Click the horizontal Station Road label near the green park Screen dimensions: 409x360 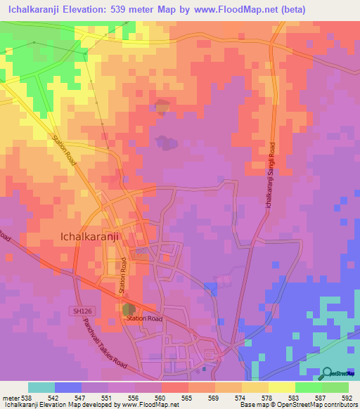coord(144,318)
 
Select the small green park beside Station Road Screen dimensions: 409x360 coord(129,309)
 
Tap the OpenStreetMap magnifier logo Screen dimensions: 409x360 coord(328,372)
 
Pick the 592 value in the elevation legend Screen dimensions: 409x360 coord(348,396)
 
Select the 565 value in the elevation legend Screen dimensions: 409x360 coord(187,396)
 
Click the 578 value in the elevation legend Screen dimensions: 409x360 coord(267,396)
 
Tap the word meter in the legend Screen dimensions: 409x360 coord(9,396)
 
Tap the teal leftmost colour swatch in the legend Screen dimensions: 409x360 coord(41,387)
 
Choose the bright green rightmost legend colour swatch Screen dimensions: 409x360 coord(335,387)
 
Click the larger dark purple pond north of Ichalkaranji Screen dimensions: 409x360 coord(167,143)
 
